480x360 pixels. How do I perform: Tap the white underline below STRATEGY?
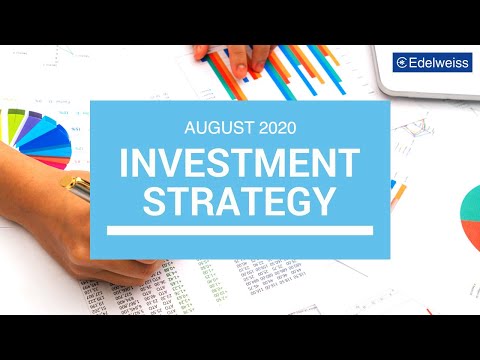[x=239, y=230]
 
